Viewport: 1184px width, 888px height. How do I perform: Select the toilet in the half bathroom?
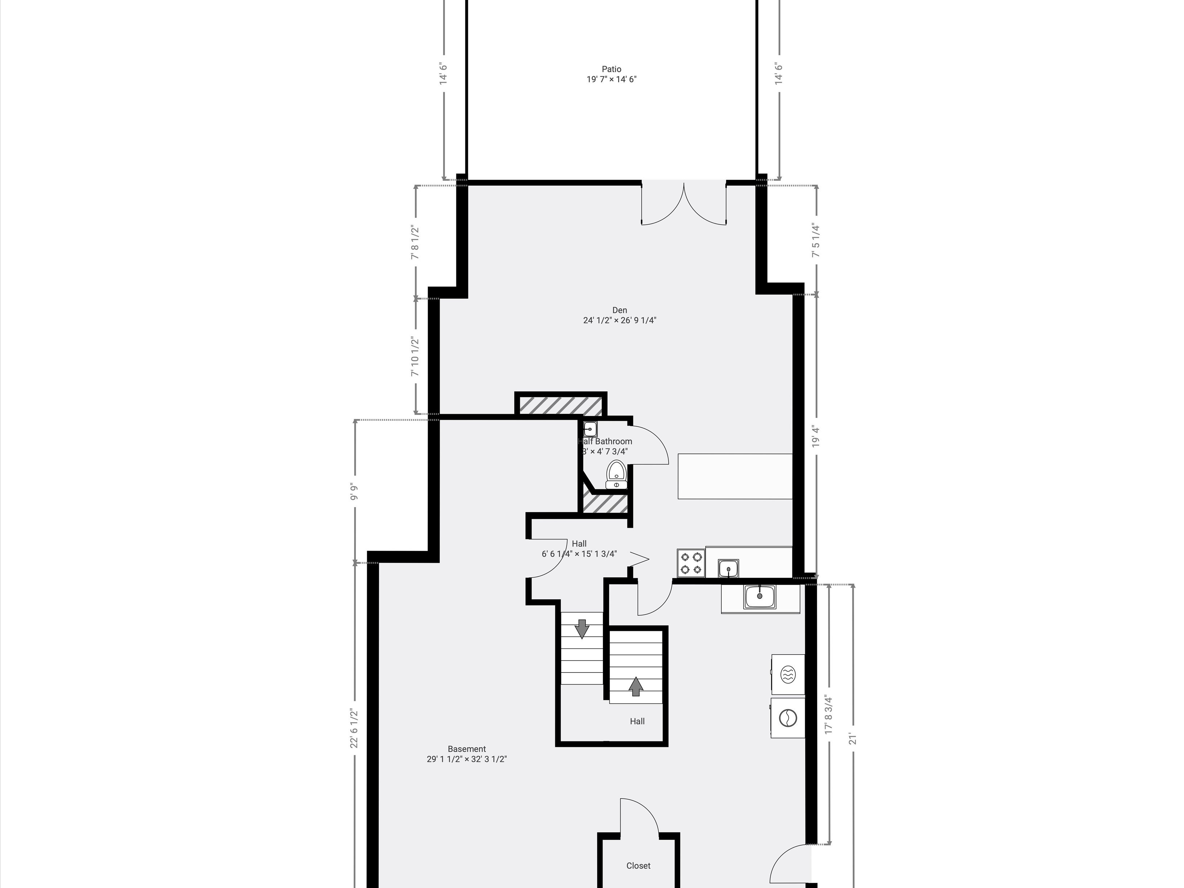[616, 474]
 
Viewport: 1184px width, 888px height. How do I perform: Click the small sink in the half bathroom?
[591, 429]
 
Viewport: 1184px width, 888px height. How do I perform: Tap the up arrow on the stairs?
[636, 687]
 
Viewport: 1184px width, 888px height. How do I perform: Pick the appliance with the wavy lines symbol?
[788, 674]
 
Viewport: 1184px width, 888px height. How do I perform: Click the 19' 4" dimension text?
[816, 437]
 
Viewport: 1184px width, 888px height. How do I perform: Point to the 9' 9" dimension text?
[354, 492]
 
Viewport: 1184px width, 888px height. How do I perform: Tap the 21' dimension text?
[853, 738]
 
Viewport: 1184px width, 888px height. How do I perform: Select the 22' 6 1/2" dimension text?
[354, 728]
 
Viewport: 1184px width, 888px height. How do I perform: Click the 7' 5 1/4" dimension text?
[816, 240]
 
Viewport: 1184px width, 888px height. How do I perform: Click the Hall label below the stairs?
[637, 721]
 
